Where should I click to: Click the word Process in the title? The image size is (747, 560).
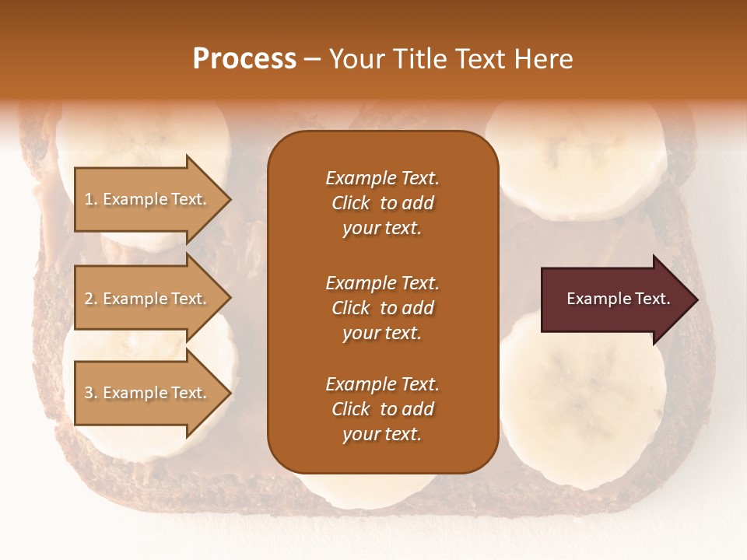(x=244, y=59)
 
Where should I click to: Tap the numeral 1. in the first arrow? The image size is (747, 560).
(x=91, y=200)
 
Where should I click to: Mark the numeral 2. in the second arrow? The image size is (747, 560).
(x=91, y=299)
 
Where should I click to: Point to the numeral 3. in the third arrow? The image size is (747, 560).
(x=91, y=394)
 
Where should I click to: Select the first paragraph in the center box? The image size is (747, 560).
(x=382, y=203)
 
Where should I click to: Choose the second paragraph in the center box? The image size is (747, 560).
(x=382, y=308)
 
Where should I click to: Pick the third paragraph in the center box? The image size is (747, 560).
(x=382, y=409)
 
